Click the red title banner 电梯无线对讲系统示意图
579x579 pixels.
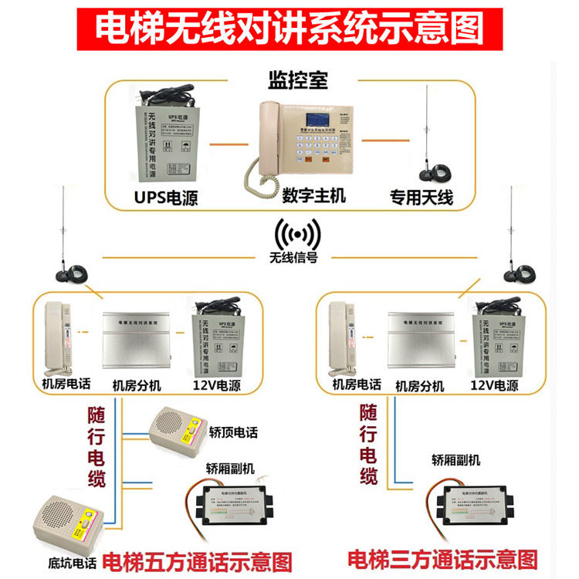[x=289, y=29]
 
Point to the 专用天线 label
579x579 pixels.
[x=421, y=198]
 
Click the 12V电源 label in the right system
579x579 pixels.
[x=495, y=384]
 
